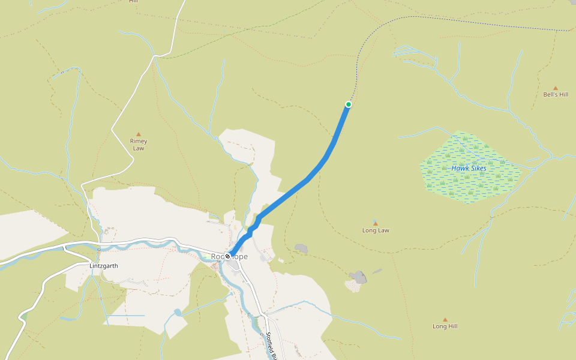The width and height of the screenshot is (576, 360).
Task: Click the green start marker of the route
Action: [x=348, y=104]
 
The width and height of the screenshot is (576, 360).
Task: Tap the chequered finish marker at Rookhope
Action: [x=228, y=256]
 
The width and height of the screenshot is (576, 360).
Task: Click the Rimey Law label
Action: [x=139, y=145]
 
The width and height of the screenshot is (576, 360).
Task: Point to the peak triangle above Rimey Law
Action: [x=139, y=134]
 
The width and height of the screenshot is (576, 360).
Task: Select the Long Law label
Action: [x=376, y=230]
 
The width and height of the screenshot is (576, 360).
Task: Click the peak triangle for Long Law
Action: [x=376, y=223]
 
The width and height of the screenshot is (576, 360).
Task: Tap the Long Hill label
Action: [x=445, y=326]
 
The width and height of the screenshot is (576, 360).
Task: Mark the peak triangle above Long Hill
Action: [x=445, y=320]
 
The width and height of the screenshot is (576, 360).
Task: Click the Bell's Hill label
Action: [x=555, y=95]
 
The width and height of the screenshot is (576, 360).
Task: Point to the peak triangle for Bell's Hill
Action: [x=555, y=88]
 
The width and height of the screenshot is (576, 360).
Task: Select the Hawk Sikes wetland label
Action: [x=469, y=169]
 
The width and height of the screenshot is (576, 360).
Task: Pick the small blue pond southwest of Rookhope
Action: [x=178, y=313]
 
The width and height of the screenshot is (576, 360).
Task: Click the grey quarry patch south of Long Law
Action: [x=358, y=278]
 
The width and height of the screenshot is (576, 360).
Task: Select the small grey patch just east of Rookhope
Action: [x=301, y=248]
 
